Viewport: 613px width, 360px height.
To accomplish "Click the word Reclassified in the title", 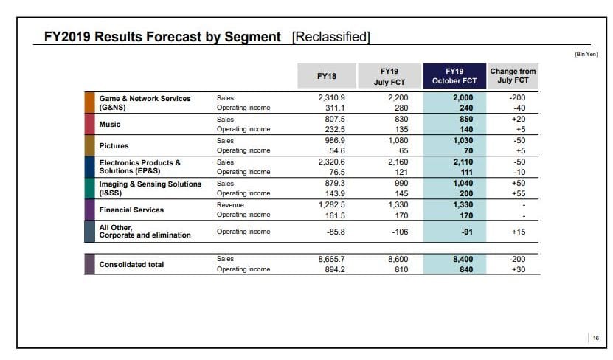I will [x=330, y=37].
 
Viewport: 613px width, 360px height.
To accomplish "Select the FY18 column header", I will [x=326, y=76].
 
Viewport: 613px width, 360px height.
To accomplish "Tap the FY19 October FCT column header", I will [x=454, y=76].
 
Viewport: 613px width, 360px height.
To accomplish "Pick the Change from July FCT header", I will [x=513, y=76].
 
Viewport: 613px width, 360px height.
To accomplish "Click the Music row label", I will [x=110, y=125].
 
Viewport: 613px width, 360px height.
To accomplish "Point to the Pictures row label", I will [x=114, y=146].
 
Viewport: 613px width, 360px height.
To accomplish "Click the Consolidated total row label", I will [x=131, y=264].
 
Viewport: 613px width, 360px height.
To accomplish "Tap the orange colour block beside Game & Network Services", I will [x=89, y=103].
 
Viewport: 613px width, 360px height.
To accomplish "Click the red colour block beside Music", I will [x=89, y=124].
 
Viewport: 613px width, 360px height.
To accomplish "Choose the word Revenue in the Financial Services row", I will [x=230, y=204].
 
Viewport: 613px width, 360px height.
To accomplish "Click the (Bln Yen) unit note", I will [x=586, y=54].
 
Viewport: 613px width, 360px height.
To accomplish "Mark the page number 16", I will [x=595, y=338].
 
